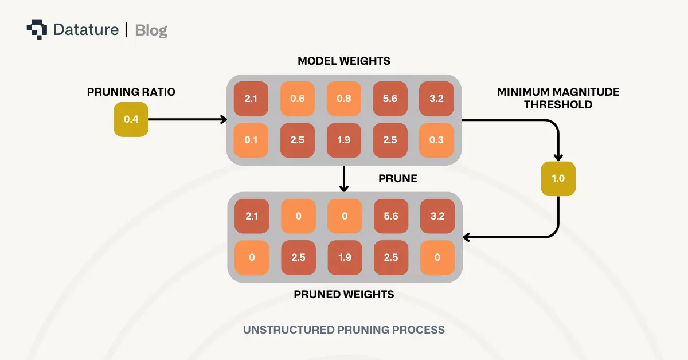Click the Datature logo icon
coord(37,29)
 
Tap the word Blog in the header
coord(151,30)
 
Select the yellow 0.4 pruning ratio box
coord(131,120)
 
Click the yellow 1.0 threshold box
coord(558,178)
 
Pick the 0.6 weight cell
coord(298,99)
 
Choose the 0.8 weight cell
coord(344,99)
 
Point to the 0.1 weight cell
coord(251,140)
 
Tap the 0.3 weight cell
coord(436,140)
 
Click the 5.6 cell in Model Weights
coord(390,99)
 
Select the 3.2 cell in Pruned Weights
coord(437,216)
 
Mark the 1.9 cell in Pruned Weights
coord(344,257)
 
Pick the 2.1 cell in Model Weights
coord(251,99)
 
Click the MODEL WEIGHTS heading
coord(344,61)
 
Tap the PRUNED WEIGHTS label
coord(344,295)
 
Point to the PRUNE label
coord(398,179)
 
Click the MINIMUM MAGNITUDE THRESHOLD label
coord(558,98)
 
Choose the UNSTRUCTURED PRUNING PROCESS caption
coord(344,330)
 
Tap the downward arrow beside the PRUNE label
coord(344,179)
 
